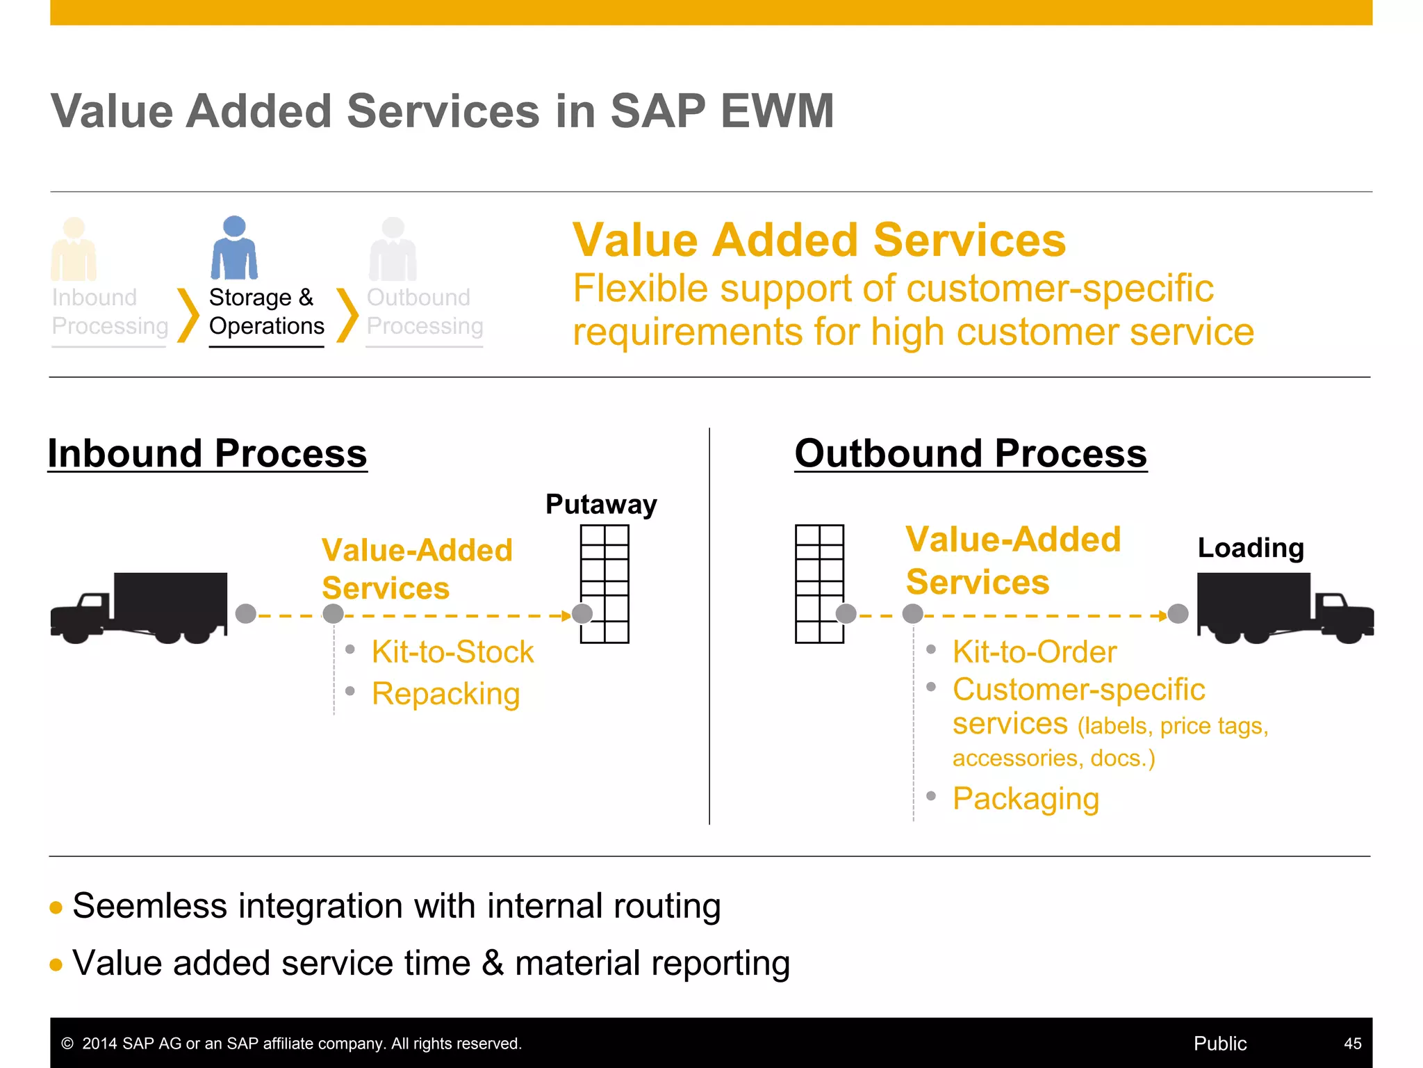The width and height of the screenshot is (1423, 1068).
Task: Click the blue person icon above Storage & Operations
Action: coord(234,248)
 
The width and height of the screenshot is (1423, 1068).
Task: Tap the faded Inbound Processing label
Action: coord(110,311)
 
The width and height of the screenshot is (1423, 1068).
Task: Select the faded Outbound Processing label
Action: coord(425,311)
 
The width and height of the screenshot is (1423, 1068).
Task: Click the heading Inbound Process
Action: coord(207,453)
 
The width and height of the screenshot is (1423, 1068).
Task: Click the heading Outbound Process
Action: coord(971,453)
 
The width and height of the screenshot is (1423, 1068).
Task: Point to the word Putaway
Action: coord(601,504)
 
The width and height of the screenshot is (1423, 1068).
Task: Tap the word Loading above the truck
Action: coord(1251,548)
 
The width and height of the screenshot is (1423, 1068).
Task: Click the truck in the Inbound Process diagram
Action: coord(139,607)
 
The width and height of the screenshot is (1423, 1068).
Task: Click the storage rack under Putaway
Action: coord(604,583)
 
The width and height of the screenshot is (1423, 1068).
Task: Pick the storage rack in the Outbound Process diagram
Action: coord(819,583)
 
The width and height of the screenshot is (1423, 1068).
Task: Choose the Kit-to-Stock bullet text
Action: coord(452,652)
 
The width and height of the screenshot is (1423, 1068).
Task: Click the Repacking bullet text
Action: coord(445,694)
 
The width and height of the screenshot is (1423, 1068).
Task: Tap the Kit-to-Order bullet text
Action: coord(1035,652)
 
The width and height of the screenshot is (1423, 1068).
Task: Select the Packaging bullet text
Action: coord(1026,799)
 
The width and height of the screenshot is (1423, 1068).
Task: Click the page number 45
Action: coord(1352,1043)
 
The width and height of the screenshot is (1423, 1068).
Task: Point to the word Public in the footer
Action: coord(1220,1043)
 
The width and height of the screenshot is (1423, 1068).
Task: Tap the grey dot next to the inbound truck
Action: coord(246,614)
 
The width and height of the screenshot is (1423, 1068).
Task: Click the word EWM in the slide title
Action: coord(778,111)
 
